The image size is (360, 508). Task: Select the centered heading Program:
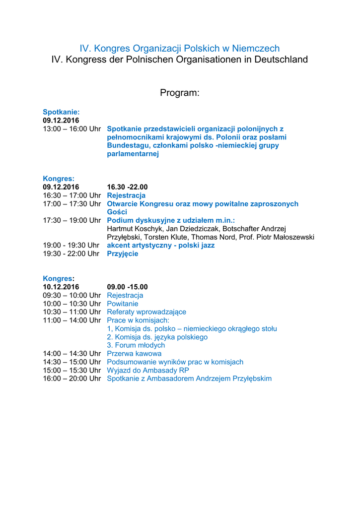(x=180, y=93)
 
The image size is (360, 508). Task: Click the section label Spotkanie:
(x=61, y=112)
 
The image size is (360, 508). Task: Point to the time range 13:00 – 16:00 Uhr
(x=72, y=129)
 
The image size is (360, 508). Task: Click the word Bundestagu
(x=126, y=145)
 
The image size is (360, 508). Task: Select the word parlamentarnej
(x=133, y=154)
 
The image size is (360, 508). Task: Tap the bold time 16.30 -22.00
(x=127, y=187)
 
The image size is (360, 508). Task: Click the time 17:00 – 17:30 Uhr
(x=72, y=204)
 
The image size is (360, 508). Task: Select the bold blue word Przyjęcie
(x=123, y=254)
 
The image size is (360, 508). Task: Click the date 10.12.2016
(x=61, y=287)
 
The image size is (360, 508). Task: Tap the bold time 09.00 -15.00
(x=127, y=287)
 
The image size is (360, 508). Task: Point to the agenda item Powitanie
(x=123, y=304)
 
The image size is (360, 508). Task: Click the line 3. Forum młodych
(x=136, y=345)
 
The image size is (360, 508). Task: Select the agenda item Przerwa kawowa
(x=134, y=354)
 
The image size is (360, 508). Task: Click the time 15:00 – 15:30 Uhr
(x=72, y=370)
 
